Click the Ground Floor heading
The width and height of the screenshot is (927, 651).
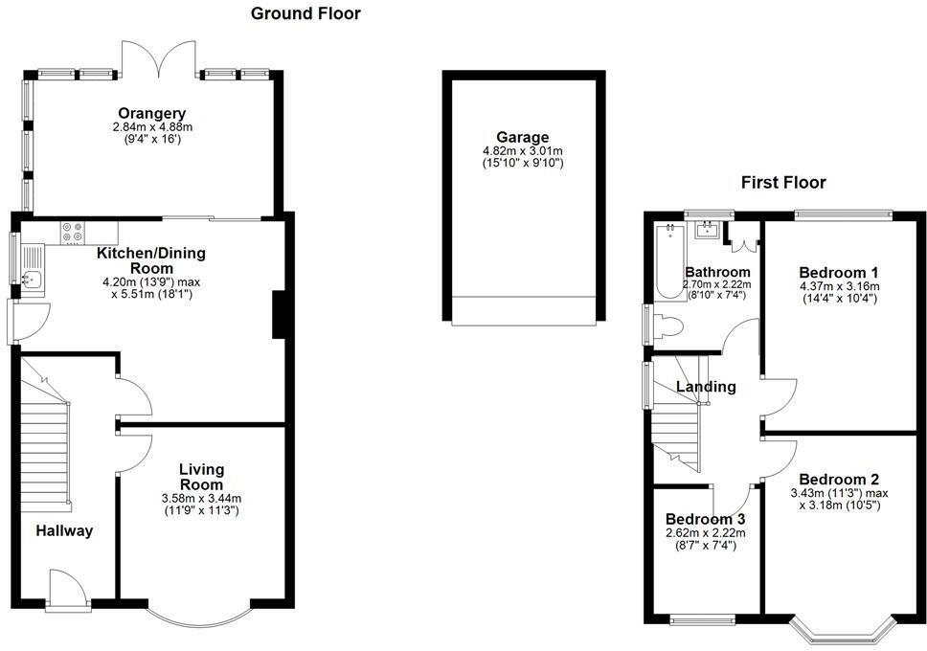coord(305,13)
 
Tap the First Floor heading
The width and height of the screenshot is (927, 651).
coord(782,183)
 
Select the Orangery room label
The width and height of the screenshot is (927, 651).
coord(152,113)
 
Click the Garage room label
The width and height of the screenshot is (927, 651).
coord(522,137)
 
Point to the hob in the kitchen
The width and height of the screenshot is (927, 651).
coord(73,231)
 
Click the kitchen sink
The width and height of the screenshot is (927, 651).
coord(32,279)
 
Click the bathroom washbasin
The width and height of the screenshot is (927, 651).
coord(709,229)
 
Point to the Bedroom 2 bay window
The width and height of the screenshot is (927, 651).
coord(841,629)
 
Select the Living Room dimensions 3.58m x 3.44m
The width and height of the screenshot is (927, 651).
coord(200,498)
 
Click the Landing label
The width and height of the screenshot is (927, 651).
coord(706,387)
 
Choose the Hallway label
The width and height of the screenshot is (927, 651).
coord(65,530)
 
